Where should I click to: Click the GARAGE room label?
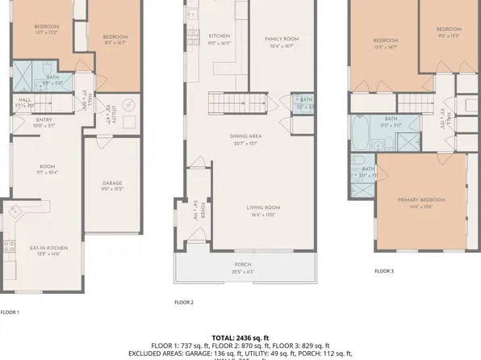[111, 184]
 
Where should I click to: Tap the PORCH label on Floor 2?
[242, 265]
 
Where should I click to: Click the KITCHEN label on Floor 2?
[220, 36]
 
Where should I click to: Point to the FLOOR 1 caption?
[10, 312]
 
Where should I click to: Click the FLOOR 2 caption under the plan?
[184, 302]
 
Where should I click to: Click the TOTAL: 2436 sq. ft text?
[240, 337]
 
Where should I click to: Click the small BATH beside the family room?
[302, 102]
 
